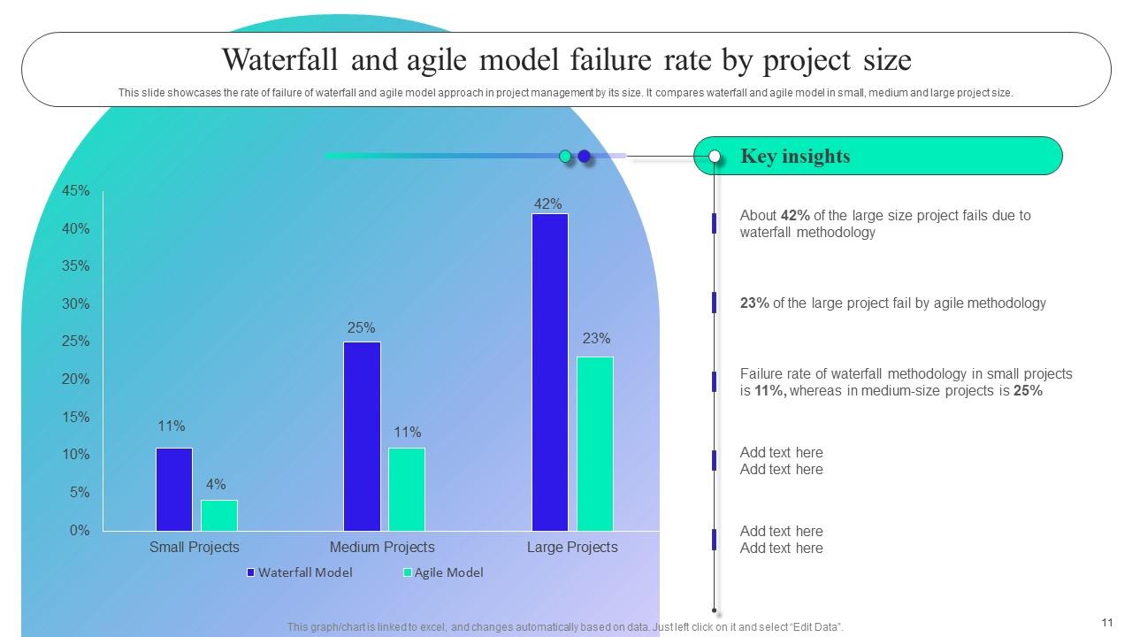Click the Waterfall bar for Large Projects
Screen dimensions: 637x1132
[x=549, y=372]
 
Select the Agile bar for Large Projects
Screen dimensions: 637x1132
[x=594, y=443]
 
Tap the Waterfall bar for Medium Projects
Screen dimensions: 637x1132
[x=362, y=436]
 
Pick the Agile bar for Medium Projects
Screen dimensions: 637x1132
[x=407, y=489]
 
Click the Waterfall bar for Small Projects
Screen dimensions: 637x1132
[x=174, y=489]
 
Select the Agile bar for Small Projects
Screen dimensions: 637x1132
[x=219, y=515]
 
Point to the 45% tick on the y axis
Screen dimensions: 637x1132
[x=76, y=191]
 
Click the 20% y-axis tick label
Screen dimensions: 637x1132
[x=76, y=380]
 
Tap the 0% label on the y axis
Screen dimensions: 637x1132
[x=80, y=531]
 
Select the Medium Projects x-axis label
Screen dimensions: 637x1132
[x=382, y=547]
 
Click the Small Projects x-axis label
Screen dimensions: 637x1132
[x=195, y=547]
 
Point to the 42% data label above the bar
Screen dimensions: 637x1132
[x=548, y=203]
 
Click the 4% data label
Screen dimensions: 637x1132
[x=216, y=485]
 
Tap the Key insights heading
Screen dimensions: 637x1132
[x=795, y=157]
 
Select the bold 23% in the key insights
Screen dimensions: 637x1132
[x=754, y=303]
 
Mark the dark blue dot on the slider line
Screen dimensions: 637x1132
[x=584, y=157]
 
